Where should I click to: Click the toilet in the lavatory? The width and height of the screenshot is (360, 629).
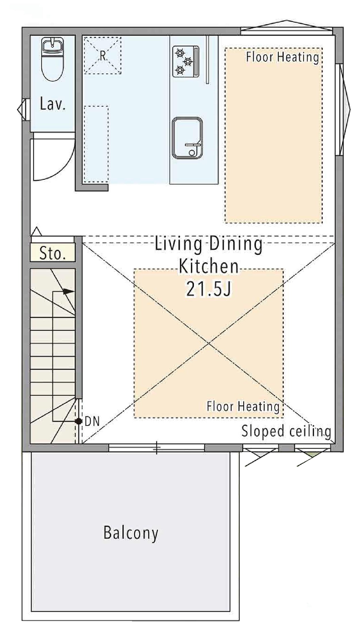pos(53,59)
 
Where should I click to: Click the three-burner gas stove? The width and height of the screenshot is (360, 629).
pos(186,61)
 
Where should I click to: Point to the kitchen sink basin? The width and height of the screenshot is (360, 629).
pos(187,138)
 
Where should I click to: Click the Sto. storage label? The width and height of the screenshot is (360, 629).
pos(53,253)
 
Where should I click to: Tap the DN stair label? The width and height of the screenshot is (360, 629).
pos(92,421)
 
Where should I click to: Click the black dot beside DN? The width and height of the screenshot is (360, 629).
pos(78,421)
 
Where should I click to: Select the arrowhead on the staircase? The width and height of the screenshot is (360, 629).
pos(69,292)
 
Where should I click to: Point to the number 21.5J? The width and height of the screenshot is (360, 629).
pos(208,288)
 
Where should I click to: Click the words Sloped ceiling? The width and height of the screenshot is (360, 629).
pos(286,431)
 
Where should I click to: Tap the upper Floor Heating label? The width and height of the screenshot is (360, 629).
pos(283,57)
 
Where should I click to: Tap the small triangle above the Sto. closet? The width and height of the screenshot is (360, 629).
pos(36,231)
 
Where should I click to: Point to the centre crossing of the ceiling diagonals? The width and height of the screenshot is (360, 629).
pos(209,343)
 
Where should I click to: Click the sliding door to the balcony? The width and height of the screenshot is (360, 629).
pos(157,448)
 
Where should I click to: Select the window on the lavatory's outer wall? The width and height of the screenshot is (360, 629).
pos(23,109)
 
